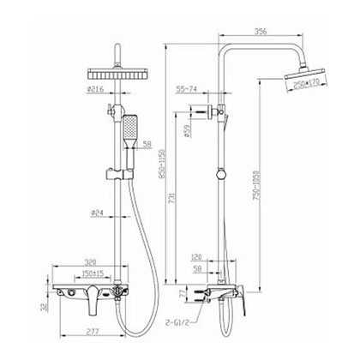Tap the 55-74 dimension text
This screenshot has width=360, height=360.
point(189,87)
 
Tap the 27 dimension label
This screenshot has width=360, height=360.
point(183,294)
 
